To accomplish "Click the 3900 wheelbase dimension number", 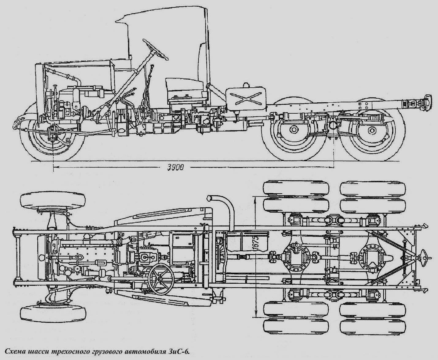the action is [x=176, y=167].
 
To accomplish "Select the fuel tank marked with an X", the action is [x=246, y=98].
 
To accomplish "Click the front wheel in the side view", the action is [x=52, y=137].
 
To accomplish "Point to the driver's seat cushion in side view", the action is [x=184, y=85].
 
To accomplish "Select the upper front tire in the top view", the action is [x=53, y=201].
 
